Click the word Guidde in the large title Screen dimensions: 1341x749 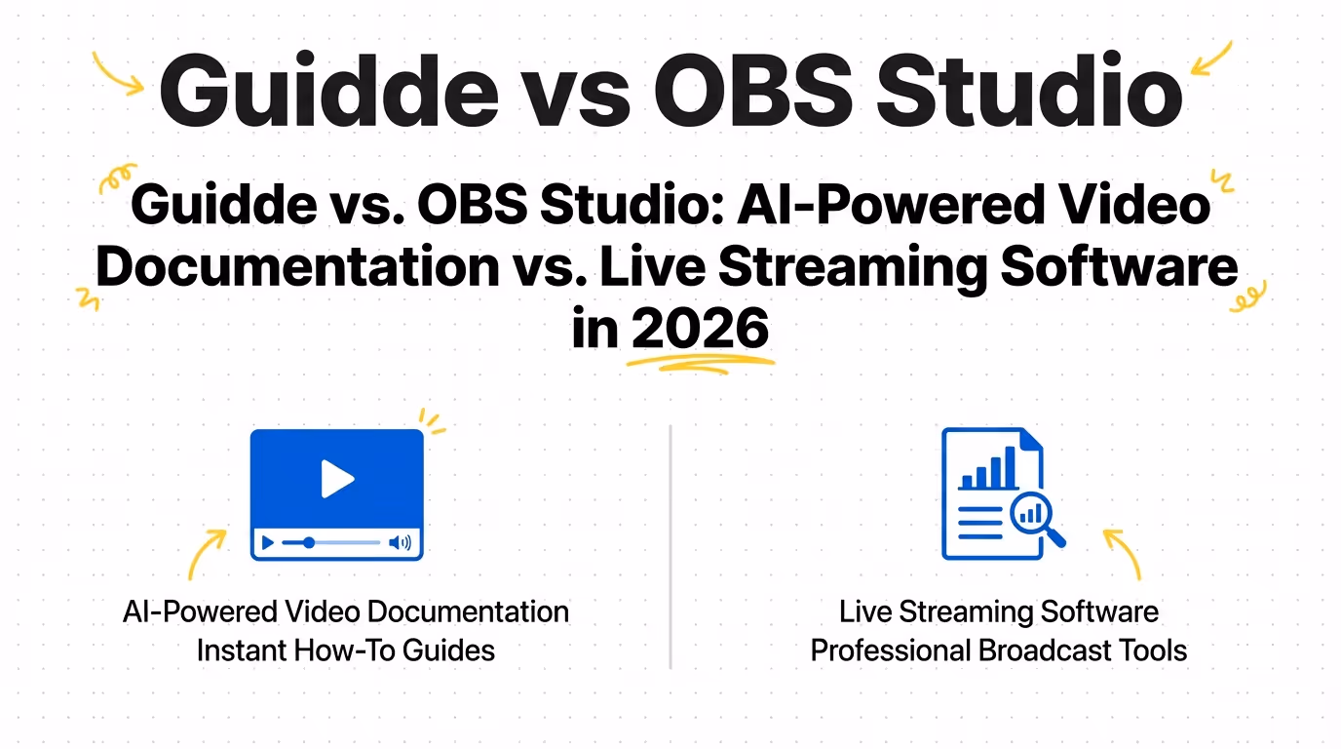point(328,90)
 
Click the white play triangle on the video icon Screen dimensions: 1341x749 point(337,479)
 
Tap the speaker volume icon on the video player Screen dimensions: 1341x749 point(400,543)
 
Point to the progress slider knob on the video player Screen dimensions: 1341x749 point(309,543)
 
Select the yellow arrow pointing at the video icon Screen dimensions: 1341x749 point(203,550)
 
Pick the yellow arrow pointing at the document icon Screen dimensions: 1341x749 point(1126,550)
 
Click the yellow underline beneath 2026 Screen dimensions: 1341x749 point(700,363)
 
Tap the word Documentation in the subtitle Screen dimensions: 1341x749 point(297,266)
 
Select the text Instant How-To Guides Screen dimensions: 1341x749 point(345,650)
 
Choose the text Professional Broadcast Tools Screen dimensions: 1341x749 point(999,650)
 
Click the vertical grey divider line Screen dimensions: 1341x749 point(670,546)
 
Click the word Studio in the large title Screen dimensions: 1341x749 point(1029,90)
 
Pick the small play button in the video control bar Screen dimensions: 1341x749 point(268,543)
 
